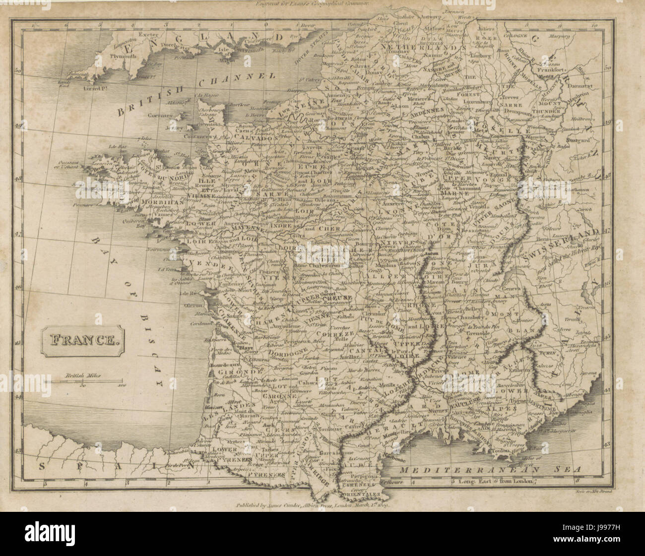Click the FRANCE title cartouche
pyautogui.click(x=81, y=340)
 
